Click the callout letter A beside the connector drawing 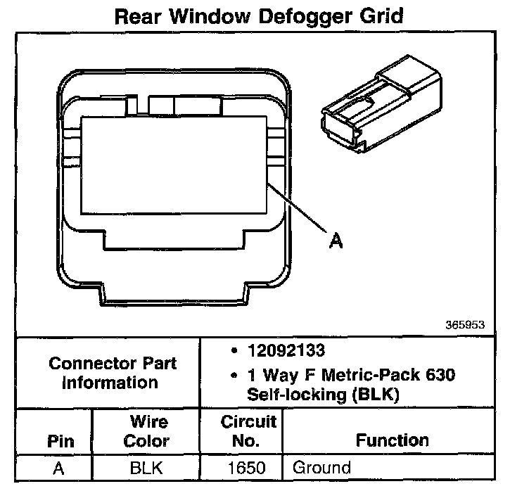pos(336,241)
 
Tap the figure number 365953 pos(465,326)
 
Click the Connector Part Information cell pos(113,373)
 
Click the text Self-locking pos(295,395)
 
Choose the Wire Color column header pos(147,431)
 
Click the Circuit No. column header pos(248,431)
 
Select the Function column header pos(392,441)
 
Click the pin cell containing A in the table pos(59,467)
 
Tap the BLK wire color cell pos(147,467)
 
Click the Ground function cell pos(321,467)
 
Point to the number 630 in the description pos(440,375)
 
